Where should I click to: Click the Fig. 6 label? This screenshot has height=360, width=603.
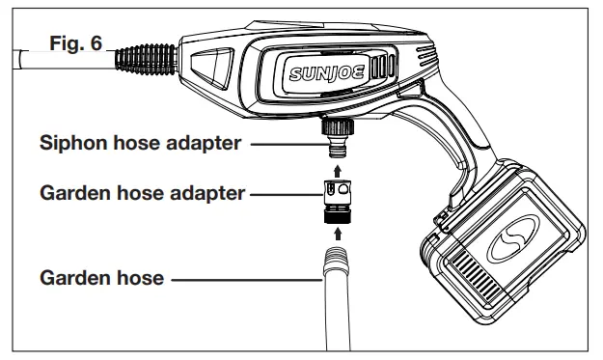tap(75, 44)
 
